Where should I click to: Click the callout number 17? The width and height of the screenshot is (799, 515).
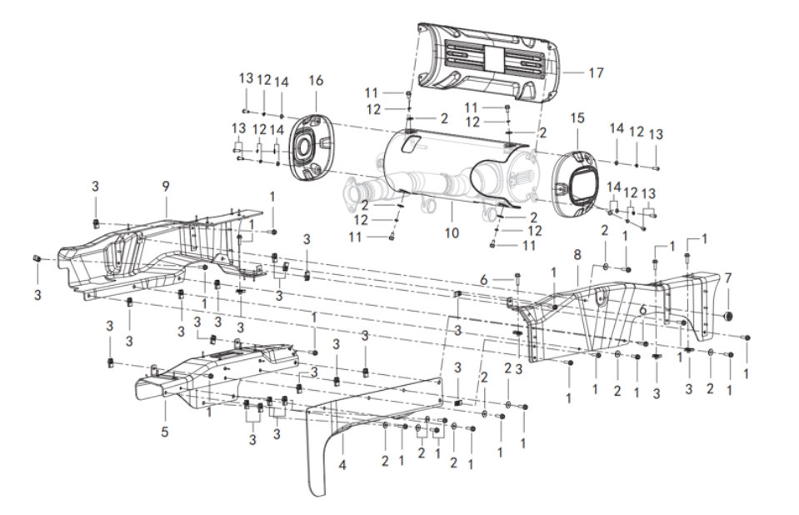596,73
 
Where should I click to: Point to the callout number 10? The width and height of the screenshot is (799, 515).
451,233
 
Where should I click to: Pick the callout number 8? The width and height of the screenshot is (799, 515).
577,253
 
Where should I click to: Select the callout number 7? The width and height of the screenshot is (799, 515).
727,277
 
